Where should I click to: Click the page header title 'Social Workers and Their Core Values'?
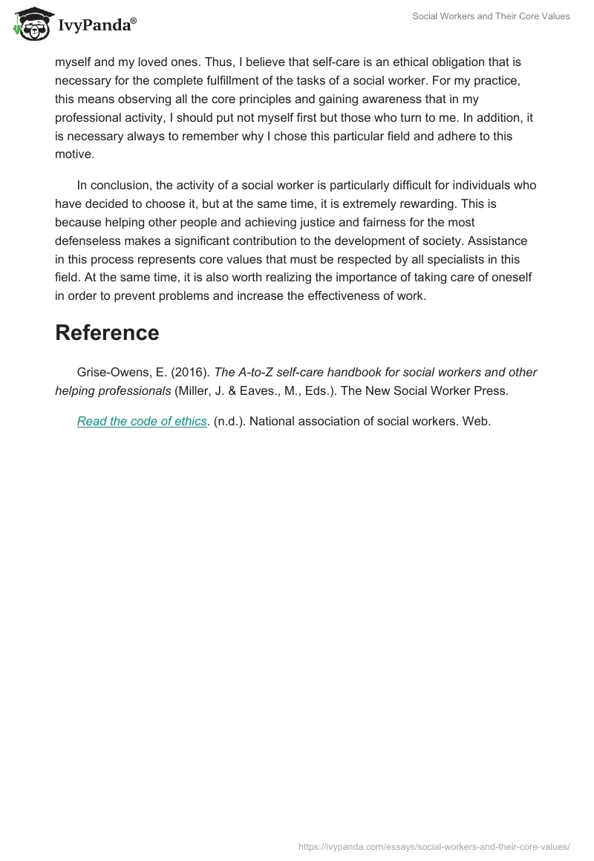coord(491,16)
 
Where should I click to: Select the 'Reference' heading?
coord(107,333)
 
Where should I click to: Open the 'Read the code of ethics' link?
coord(141,421)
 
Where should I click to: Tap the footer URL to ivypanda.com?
coord(434,845)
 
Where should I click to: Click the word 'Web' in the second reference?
coord(477,421)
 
